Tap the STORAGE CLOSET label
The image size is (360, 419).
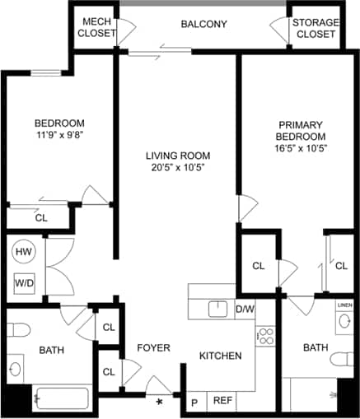click(x=314, y=28)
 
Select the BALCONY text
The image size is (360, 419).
click(x=203, y=24)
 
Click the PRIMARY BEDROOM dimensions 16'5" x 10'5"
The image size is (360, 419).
click(x=302, y=148)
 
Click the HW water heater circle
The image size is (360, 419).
click(x=23, y=252)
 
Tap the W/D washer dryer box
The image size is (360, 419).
click(x=24, y=282)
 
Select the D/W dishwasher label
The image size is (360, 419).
click(x=245, y=310)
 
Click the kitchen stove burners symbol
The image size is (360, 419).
click(x=265, y=336)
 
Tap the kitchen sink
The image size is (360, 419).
click(x=217, y=309)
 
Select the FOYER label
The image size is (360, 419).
click(x=153, y=347)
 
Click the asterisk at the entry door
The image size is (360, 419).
click(x=160, y=403)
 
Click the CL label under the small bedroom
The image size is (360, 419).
click(x=40, y=218)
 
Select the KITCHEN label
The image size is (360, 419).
click(x=220, y=356)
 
